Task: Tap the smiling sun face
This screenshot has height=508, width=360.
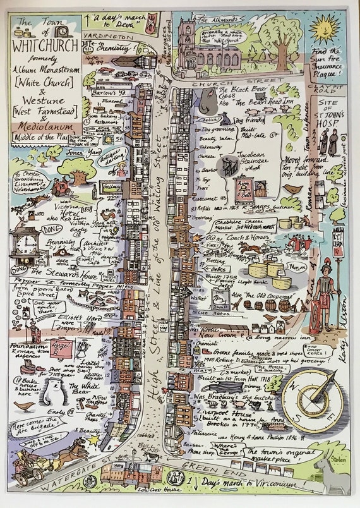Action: (325, 27)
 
